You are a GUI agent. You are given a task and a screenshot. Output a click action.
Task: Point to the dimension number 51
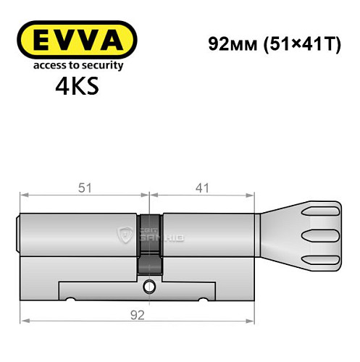click(85, 188)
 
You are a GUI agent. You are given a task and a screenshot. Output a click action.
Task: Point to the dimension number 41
click(203, 188)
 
